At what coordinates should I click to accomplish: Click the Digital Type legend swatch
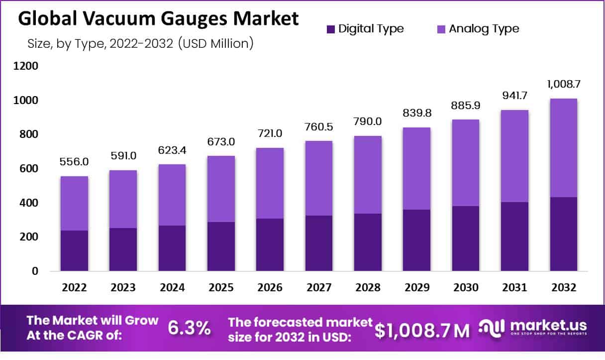pos(331,29)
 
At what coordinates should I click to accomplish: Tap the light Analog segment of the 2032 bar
pos(564,148)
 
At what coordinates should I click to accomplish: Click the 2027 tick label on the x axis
pos(318,288)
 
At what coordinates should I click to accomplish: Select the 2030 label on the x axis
pos(466,288)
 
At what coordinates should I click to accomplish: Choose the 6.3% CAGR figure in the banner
pos(189,329)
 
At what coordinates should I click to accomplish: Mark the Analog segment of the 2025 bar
pos(220,189)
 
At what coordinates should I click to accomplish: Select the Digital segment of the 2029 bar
pos(417,240)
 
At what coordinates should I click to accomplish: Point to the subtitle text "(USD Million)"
pos(215,43)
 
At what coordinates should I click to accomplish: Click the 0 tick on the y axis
pos(34,271)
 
